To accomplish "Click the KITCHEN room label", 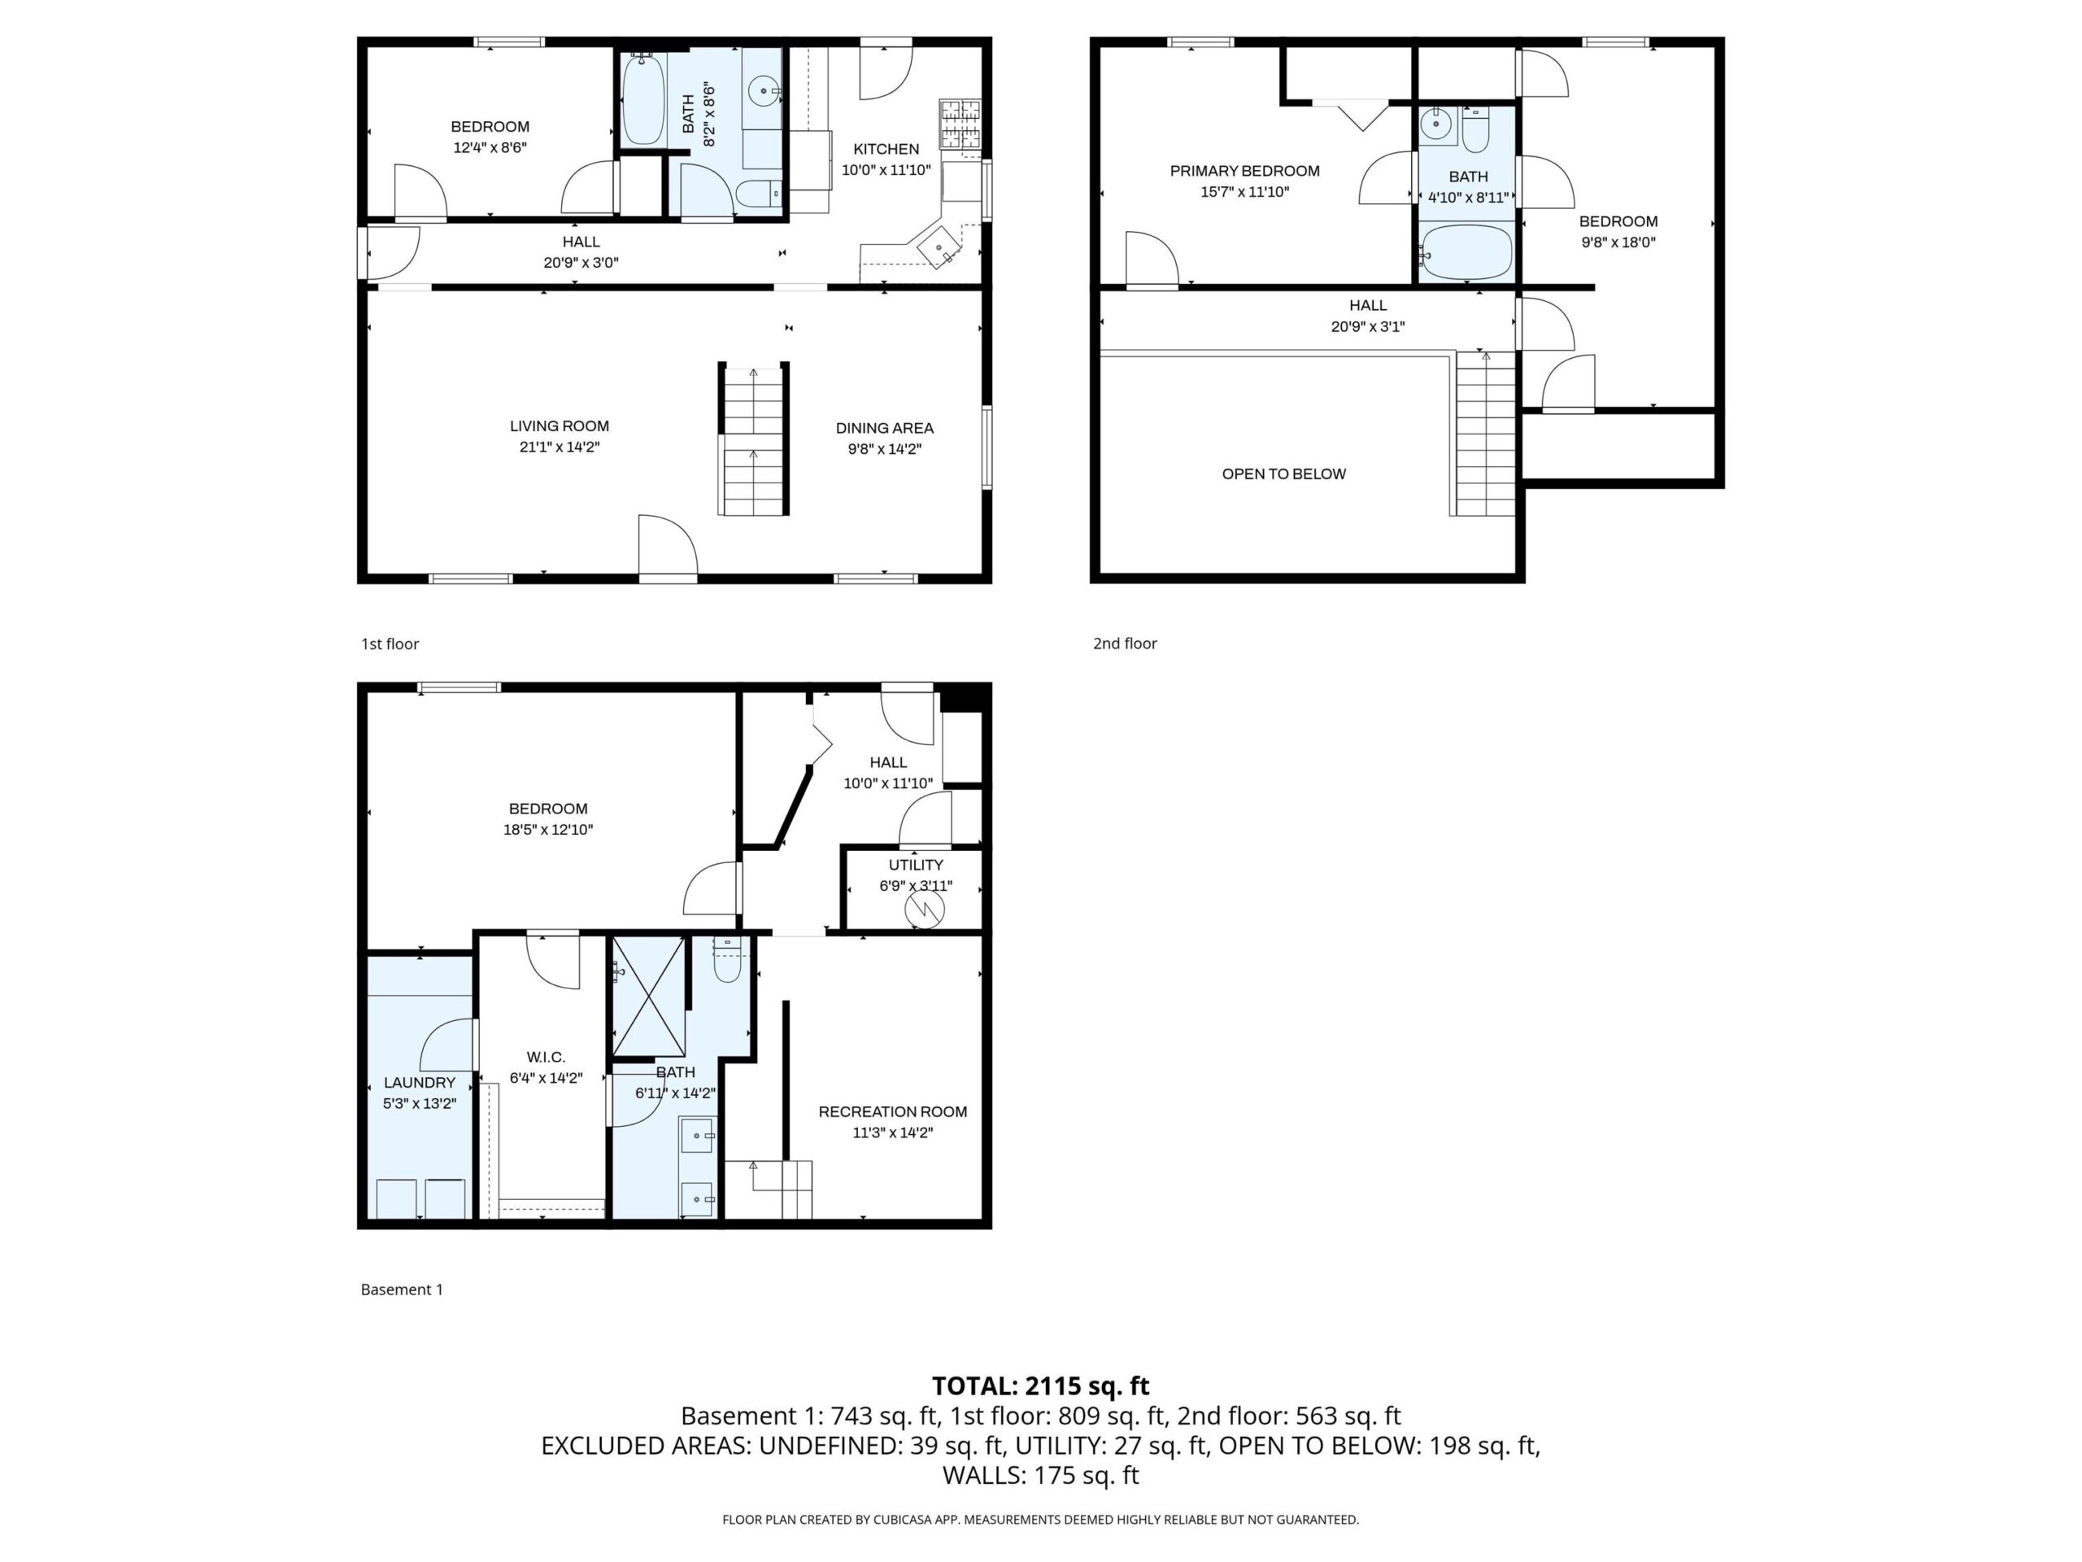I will tap(886, 149).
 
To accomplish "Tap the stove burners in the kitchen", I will tap(959, 124).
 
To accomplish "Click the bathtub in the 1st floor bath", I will tap(642, 100).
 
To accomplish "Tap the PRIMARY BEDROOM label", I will tap(1244, 170).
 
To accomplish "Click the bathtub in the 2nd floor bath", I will tap(1466, 252).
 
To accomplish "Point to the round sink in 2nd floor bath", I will tap(1436, 124).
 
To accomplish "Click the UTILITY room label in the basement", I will tap(915, 864).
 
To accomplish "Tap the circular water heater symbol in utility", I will tap(924, 909).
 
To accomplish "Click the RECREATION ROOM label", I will tap(892, 1111).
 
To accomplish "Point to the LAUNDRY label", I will tap(419, 1082).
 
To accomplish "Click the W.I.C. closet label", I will tap(545, 1057).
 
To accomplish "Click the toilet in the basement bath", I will tap(726, 962).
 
